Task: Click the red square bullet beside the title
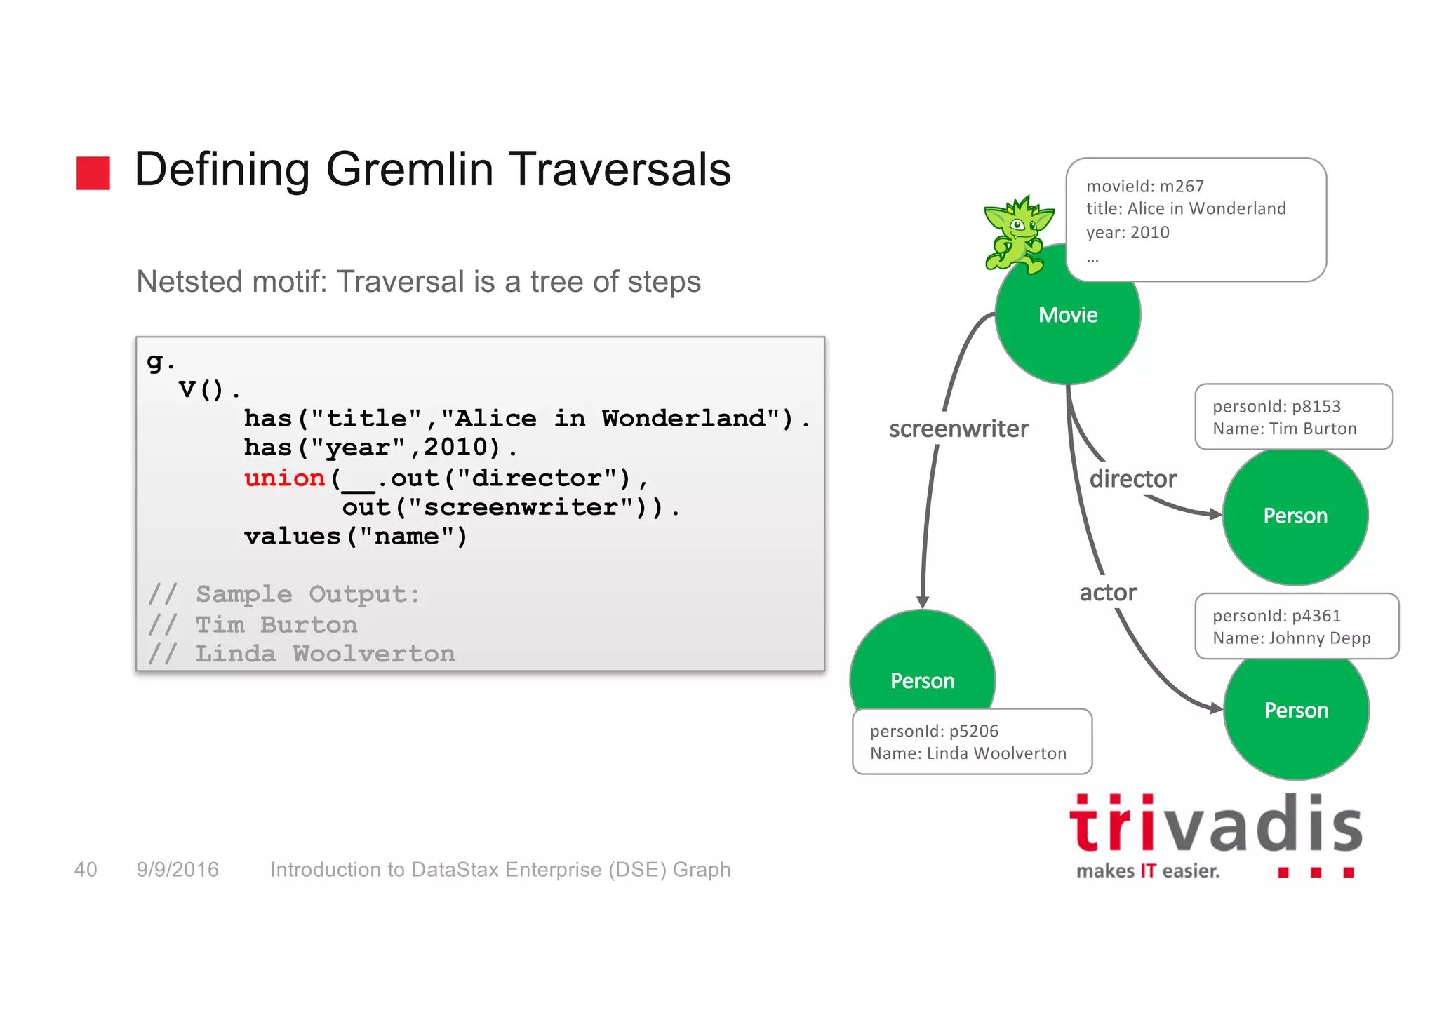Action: [x=93, y=173]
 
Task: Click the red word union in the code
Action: [x=284, y=478]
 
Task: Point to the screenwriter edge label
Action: [x=958, y=429]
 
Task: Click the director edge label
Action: [x=1132, y=479]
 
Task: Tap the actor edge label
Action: [x=1107, y=593]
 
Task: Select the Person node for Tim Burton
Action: [x=1295, y=517]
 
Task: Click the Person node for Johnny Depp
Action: [x=1296, y=711]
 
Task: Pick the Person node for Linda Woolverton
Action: [x=922, y=673]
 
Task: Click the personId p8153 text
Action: [x=1276, y=406]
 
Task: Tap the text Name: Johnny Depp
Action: [x=1291, y=638]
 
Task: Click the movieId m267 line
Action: [x=1144, y=186]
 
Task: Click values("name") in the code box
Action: [x=355, y=537]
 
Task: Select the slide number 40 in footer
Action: [x=86, y=870]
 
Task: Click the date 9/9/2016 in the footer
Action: [x=178, y=870]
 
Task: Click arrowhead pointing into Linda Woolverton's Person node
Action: [x=923, y=602]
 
